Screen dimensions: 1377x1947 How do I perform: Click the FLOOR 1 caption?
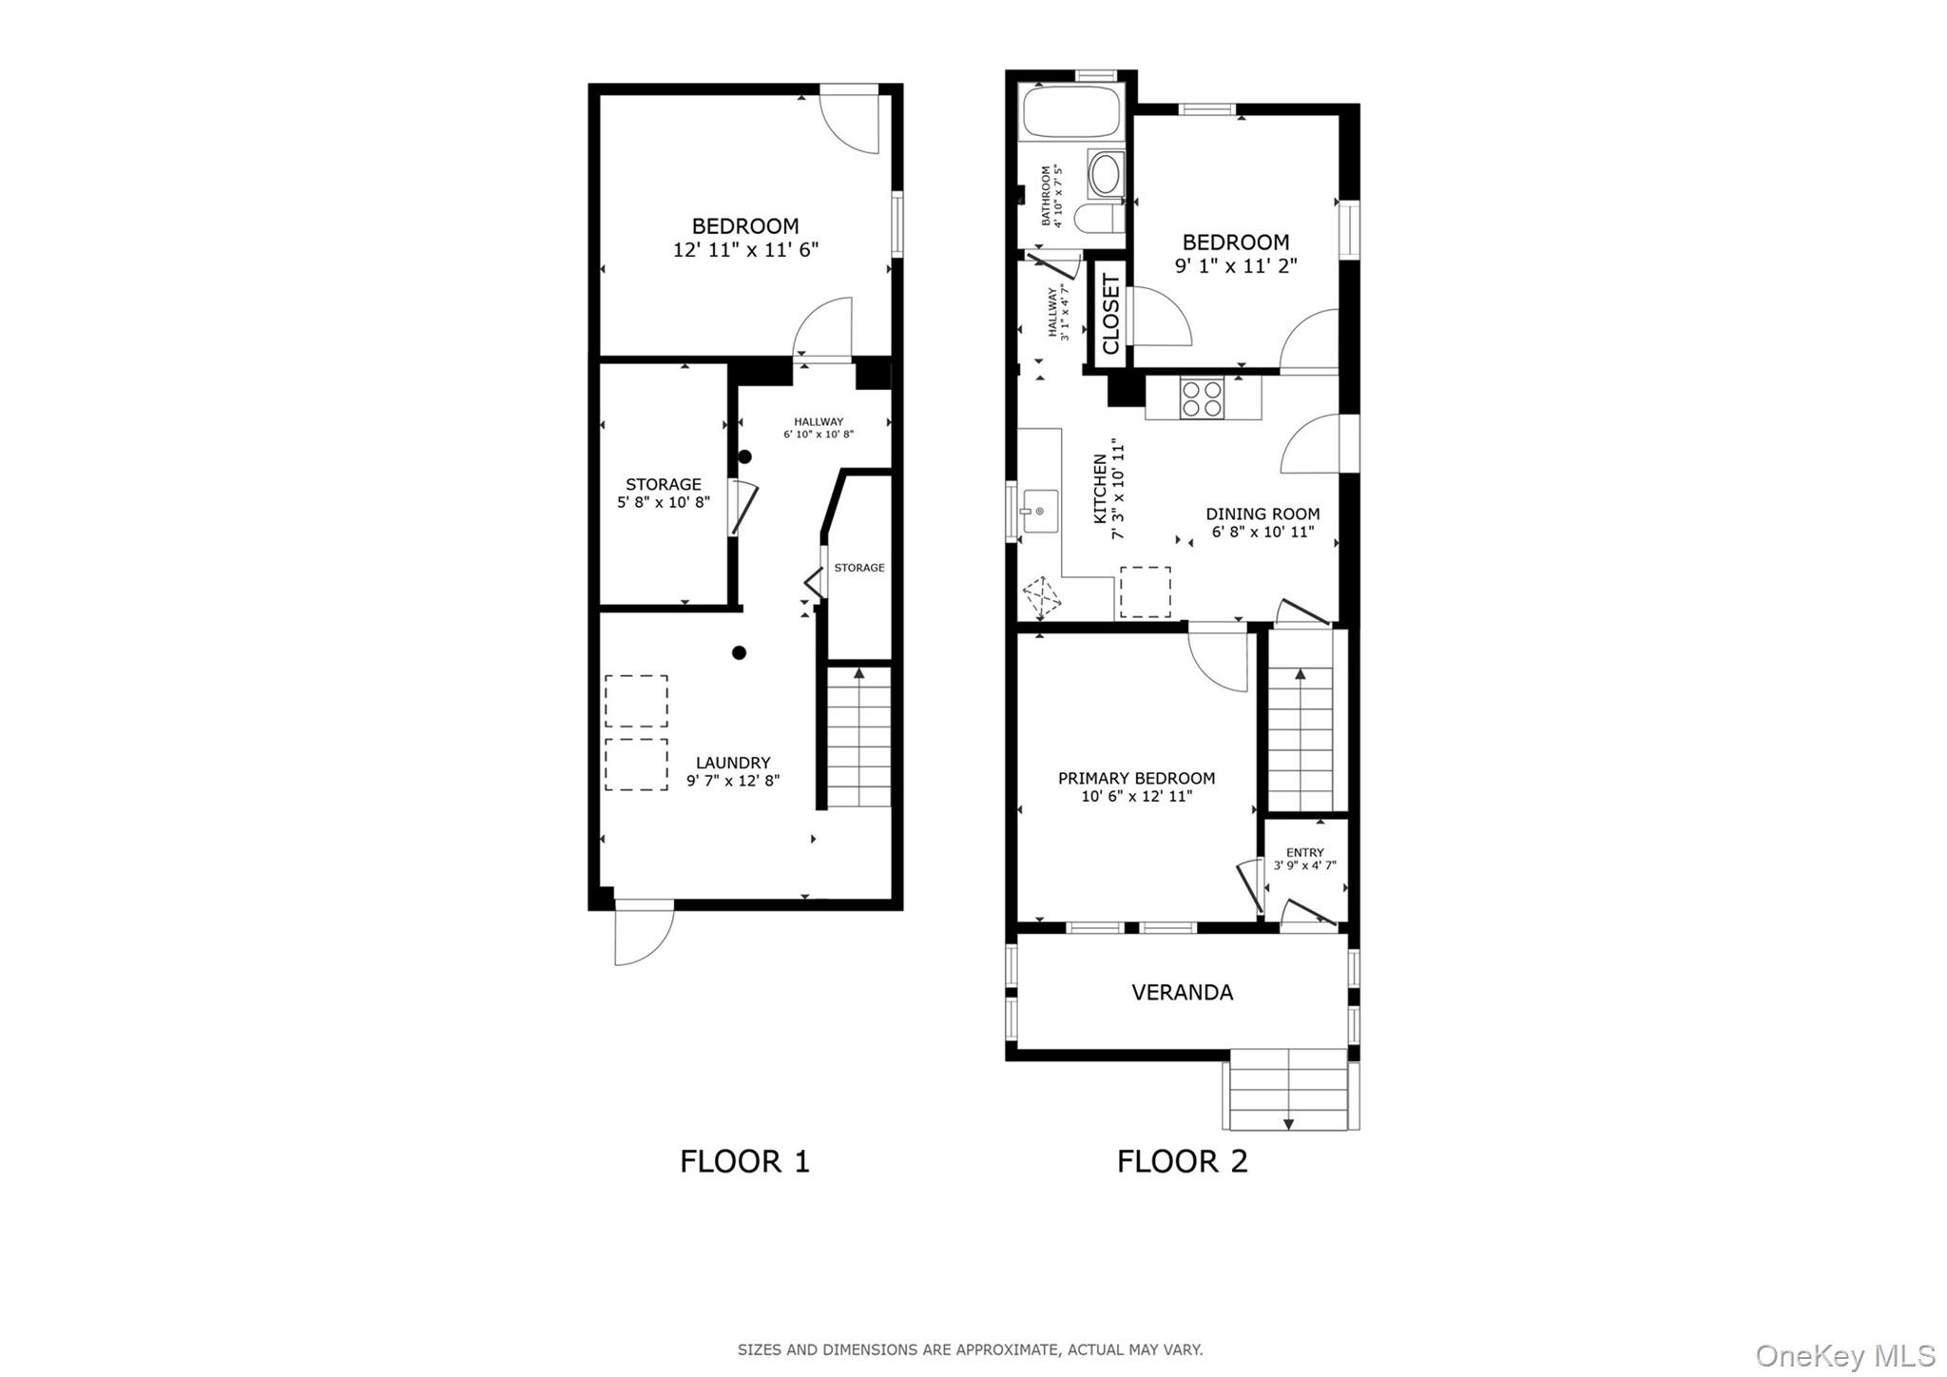click(x=744, y=1161)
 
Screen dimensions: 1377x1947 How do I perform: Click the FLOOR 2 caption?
click(x=1182, y=1161)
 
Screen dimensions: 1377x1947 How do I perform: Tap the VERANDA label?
click(x=1182, y=993)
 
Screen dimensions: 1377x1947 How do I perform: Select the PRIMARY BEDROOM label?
click(x=1136, y=779)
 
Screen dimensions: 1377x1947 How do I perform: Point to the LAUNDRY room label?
click(x=733, y=763)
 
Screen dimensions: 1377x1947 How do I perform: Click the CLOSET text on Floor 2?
click(x=1110, y=314)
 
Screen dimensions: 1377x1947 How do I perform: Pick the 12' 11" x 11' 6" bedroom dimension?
click(x=745, y=250)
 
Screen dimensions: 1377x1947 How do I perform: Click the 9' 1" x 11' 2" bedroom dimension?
click(x=1236, y=266)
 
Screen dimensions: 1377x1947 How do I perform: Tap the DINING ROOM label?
click(x=1263, y=514)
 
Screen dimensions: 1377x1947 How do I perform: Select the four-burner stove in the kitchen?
click(x=1202, y=398)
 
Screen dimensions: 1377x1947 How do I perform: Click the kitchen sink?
click(x=1039, y=512)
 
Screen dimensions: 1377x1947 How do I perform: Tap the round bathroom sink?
click(x=1106, y=174)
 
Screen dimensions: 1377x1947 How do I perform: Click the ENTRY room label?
click(x=1304, y=853)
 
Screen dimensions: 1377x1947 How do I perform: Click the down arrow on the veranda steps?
click(x=1288, y=1124)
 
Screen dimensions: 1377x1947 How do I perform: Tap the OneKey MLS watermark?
click(x=1844, y=1355)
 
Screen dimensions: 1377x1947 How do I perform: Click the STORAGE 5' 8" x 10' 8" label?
click(x=664, y=493)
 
